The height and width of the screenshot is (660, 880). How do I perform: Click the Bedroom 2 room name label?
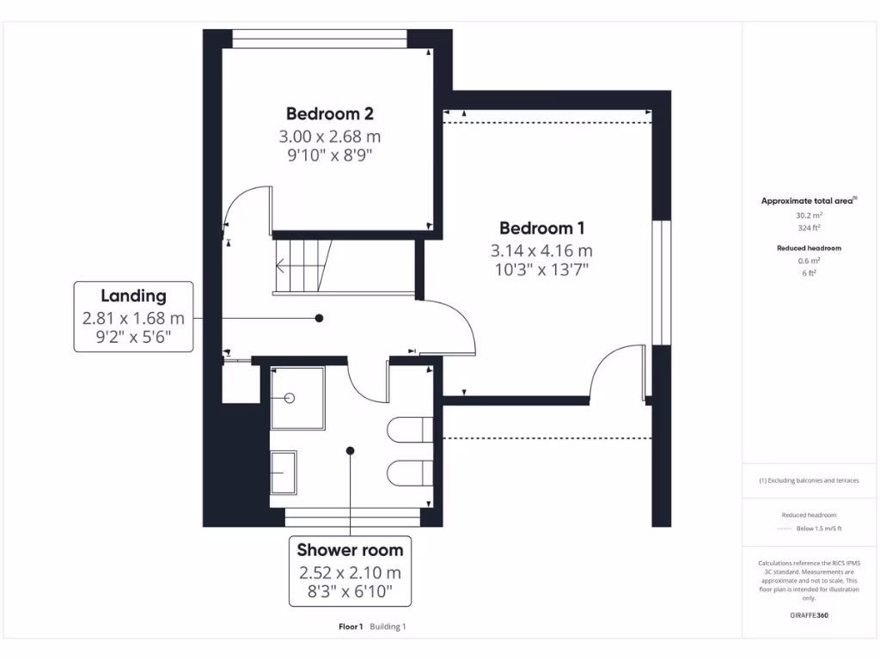click(x=329, y=113)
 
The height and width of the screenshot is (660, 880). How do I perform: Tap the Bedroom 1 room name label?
click(x=541, y=229)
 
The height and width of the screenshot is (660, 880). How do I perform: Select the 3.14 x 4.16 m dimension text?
click(x=541, y=251)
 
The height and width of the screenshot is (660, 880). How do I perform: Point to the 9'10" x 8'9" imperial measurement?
click(x=329, y=156)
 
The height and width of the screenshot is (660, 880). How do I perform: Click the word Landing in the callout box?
click(x=133, y=296)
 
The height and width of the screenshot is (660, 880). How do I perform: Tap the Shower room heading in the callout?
click(x=350, y=550)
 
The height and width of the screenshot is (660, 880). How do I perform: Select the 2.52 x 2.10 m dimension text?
click(x=350, y=572)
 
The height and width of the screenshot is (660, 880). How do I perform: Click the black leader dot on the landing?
click(x=319, y=318)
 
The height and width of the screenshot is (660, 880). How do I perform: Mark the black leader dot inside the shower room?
click(x=350, y=450)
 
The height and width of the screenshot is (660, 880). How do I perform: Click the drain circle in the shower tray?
click(x=290, y=398)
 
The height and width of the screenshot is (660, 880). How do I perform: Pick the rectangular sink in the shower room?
click(x=282, y=473)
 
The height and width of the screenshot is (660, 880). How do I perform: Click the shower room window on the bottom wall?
click(x=352, y=517)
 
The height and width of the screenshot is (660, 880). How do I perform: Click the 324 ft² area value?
click(x=808, y=228)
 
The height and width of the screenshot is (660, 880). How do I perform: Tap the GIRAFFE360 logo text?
click(x=808, y=615)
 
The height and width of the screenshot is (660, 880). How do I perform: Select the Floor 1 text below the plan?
click(x=351, y=626)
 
